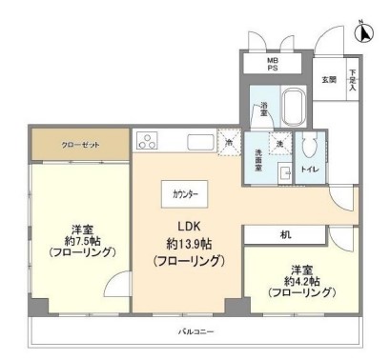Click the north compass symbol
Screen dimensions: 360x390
(363, 32)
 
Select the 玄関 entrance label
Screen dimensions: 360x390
(329, 79)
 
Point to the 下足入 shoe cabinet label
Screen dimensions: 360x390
(351, 78)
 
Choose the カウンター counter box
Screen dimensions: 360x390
(187, 193)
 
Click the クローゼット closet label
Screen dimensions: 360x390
(81, 146)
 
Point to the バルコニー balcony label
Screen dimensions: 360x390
(195, 333)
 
